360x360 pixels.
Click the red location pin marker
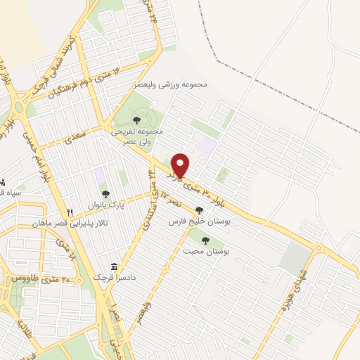(180, 165)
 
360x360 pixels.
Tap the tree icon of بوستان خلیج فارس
(200, 210)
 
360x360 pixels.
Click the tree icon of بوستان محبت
(205, 240)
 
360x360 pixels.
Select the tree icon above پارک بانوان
(105, 194)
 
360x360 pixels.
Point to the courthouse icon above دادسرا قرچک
(113, 267)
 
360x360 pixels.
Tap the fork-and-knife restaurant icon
(70, 212)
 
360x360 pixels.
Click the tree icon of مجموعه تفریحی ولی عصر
(136, 120)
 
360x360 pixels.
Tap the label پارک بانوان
(105, 205)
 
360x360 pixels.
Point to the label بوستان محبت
(207, 250)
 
